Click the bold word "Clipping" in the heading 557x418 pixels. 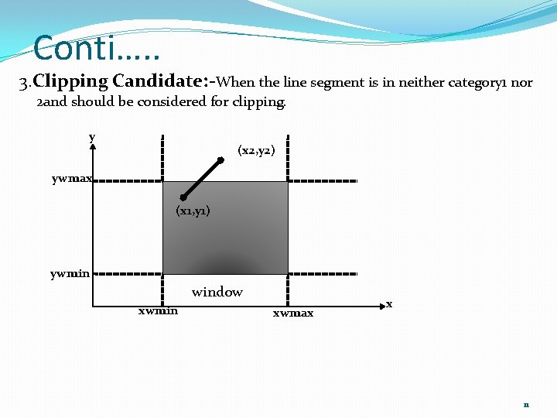click(x=70, y=81)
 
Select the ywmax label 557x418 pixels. click(x=72, y=178)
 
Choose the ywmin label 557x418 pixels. click(x=70, y=273)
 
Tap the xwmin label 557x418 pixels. click(x=158, y=311)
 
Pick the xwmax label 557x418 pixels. click(x=293, y=313)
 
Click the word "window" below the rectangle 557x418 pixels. click(x=217, y=292)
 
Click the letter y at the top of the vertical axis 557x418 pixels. click(x=92, y=136)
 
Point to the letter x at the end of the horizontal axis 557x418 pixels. click(x=389, y=304)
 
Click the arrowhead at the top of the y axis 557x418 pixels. click(x=93, y=146)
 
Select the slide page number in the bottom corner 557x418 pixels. click(x=526, y=404)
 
